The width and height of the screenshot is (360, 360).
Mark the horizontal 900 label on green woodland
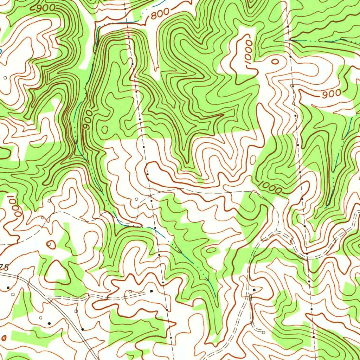pyautogui.click(x=45, y=7)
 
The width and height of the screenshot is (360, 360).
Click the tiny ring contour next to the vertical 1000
pyautogui.click(x=275, y=62)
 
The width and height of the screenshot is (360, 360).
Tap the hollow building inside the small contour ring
pyautogui.click(x=49, y=244)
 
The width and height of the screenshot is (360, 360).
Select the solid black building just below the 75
pyautogui.click(x=8, y=288)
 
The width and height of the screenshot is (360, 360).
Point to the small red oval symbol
pyautogui.click(x=4, y=338)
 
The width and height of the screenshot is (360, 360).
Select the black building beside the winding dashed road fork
pyautogui.click(x=254, y=290)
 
